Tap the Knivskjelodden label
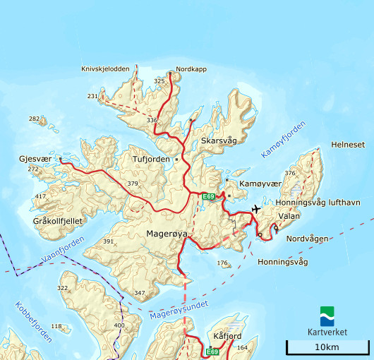tap(106, 68)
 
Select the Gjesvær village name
tap(35, 160)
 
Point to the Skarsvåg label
tap(219, 141)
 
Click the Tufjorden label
tap(151, 160)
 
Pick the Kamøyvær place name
tap(260, 184)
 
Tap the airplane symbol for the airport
tap(255, 208)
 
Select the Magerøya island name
tap(167, 233)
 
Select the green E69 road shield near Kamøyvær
tap(207, 197)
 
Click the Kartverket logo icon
tap(327, 316)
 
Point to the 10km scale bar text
tap(327, 347)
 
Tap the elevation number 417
tap(40, 197)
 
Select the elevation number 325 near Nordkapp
tap(159, 82)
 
